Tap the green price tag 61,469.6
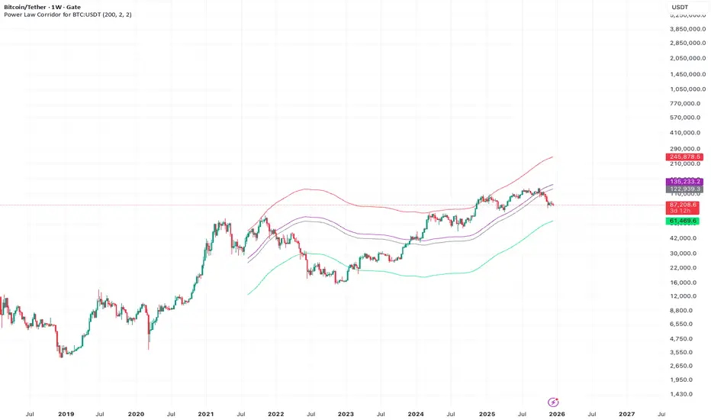coord(683,221)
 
